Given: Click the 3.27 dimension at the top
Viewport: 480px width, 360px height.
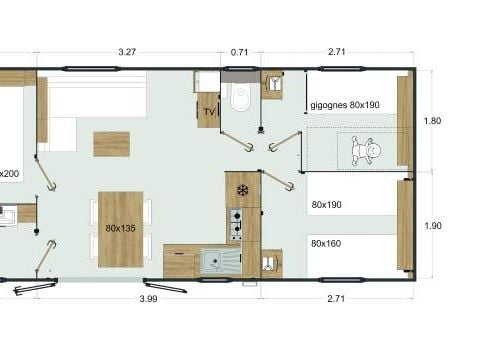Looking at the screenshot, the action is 127,52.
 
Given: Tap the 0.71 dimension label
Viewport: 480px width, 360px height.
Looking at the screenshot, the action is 239,52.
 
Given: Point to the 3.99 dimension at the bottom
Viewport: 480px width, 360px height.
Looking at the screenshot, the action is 148,299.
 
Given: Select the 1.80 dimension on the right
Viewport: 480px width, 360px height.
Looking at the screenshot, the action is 432,121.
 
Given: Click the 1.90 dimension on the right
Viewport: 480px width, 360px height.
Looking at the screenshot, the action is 433,226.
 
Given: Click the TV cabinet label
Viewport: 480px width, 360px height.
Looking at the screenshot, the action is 209,112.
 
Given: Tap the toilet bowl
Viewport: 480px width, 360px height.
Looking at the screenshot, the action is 241,97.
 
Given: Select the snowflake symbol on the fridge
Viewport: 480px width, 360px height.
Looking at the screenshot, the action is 243,190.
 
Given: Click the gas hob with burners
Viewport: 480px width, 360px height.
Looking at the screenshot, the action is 236,224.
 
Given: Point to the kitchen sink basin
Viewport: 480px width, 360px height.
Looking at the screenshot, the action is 213,261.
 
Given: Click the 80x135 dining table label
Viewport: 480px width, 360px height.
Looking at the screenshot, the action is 120,228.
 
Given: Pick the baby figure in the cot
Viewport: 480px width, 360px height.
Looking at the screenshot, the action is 366,151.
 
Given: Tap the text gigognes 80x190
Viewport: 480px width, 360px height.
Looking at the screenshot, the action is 345,105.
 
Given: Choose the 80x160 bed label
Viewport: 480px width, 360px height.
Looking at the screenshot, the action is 326,244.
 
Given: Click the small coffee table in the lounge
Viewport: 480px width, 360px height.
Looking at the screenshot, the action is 111,144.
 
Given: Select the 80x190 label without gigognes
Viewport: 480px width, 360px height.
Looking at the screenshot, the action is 326,205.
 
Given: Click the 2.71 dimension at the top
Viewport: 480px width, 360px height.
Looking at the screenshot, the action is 336,52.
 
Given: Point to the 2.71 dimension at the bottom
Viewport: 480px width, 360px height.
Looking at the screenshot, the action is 336,298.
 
